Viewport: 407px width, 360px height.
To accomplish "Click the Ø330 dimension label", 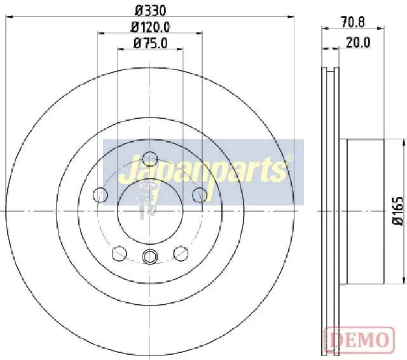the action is pos(150,10).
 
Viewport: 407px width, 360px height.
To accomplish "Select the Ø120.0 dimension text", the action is pos(150,27).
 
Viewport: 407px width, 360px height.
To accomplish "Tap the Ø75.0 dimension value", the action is pos(150,43).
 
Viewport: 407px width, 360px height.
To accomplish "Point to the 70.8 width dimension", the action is pos(353,22).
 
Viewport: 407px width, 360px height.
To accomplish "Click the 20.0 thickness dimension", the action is pos(358,43).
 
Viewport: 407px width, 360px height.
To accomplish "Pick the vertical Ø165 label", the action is pos(397,211).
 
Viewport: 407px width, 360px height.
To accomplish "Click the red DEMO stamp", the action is pos(359,339).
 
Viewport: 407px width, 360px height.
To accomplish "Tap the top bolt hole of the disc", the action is pos(150,158).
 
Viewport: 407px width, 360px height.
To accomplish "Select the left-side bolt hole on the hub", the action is pos(100,195).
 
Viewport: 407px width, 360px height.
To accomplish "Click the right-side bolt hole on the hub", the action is pos(200,195).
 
